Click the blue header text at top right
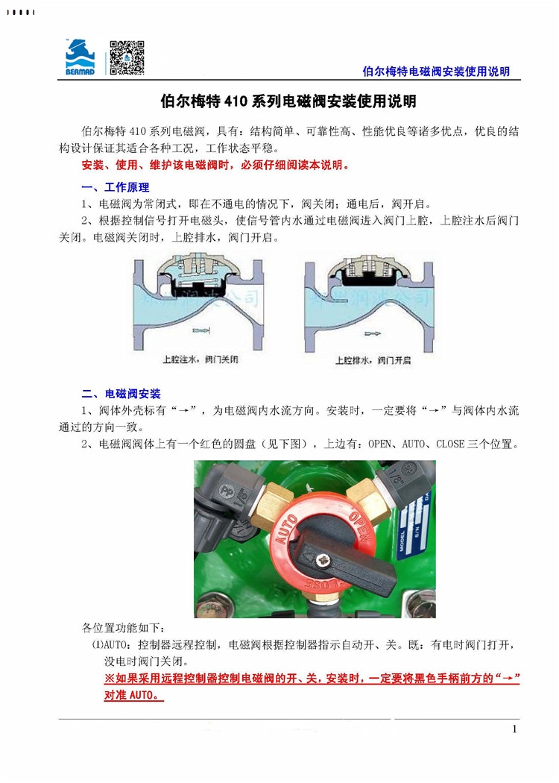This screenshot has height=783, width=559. (x=435, y=72)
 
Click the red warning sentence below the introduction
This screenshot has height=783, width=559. (x=215, y=165)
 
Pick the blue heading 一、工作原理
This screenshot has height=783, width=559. (x=116, y=187)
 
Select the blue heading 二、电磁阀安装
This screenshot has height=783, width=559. (x=121, y=393)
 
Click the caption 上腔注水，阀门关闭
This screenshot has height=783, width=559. (x=202, y=359)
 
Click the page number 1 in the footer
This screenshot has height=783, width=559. (x=514, y=729)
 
